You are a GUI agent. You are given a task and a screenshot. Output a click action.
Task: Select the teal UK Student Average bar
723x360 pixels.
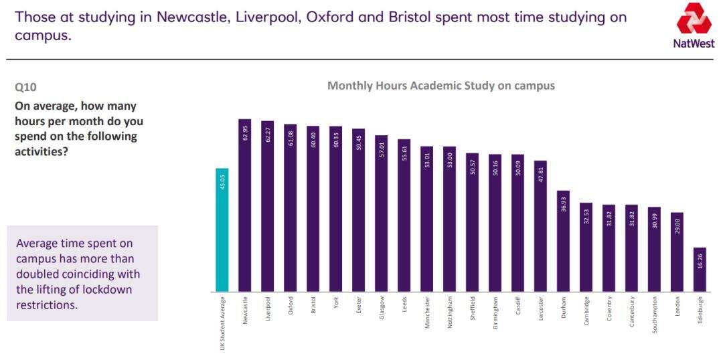click(222, 230)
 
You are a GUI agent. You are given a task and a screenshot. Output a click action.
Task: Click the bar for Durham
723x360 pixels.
click(563, 242)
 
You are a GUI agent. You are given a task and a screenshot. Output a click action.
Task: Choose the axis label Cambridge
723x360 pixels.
click(586, 311)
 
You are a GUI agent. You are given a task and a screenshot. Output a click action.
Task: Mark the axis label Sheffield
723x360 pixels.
click(473, 309)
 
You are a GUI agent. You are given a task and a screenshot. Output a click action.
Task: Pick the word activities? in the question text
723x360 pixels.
click(42, 151)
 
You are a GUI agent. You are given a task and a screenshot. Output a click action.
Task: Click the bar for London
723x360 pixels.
click(677, 252)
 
